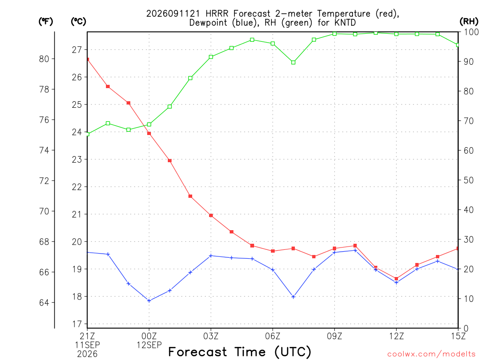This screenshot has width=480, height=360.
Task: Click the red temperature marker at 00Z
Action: [149, 134]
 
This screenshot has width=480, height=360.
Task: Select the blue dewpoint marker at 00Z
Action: [149, 301]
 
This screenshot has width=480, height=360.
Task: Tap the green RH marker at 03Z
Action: [211, 57]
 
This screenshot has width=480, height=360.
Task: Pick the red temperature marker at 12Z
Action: [397, 279]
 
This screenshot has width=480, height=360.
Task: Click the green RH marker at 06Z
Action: [273, 44]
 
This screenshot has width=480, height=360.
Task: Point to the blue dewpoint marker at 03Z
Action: [211, 256]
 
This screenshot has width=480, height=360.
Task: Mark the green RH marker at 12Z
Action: [397, 34]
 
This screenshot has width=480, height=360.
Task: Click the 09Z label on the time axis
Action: [334, 337]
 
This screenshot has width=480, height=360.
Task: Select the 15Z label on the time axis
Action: [458, 337]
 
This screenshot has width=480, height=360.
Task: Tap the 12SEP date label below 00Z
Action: [149, 345]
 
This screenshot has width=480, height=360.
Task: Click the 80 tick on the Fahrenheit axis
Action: [44, 59]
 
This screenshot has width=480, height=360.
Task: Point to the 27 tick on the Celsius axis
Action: [77, 50]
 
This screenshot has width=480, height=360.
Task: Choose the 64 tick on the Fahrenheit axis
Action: [44, 303]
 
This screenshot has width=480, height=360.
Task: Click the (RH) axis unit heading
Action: [469, 22]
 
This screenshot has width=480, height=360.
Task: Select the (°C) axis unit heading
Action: [78, 22]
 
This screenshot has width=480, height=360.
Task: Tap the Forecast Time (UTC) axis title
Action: [240, 352]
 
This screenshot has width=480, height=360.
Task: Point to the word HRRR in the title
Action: [217, 14]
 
